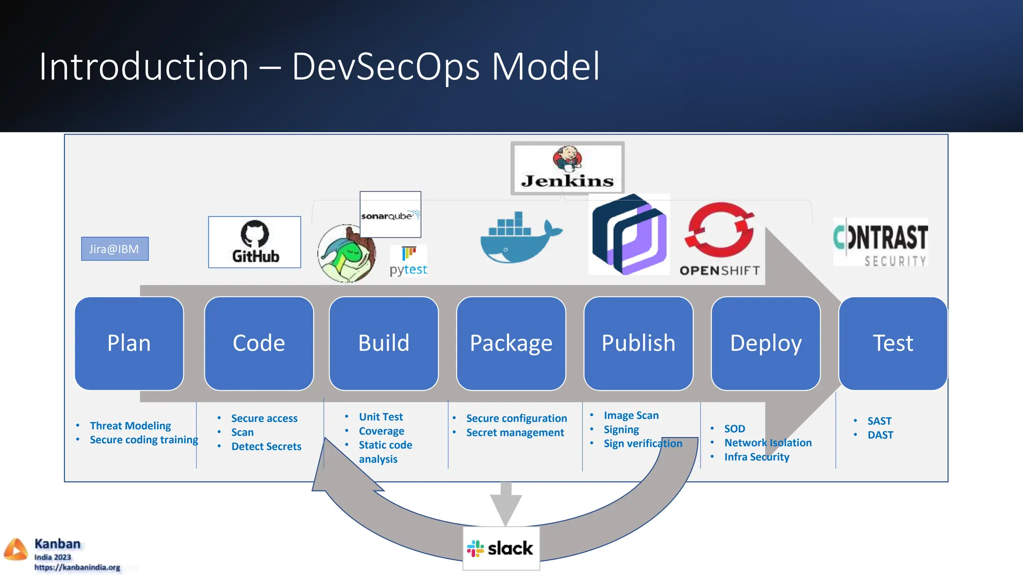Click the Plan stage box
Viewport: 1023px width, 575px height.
coord(129,343)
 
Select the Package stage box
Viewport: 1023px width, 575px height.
coord(511,343)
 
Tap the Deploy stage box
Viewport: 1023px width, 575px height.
coord(765,343)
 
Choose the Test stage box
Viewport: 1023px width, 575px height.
coord(893,343)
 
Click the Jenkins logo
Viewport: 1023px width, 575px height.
coord(567,169)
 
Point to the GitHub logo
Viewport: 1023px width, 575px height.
coord(255,242)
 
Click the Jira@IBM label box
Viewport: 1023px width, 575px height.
coord(114,249)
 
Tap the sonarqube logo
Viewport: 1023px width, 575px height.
coord(390,215)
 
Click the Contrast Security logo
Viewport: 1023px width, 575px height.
coord(880,243)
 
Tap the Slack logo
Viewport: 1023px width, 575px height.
coord(501,548)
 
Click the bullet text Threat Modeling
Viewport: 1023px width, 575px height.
coord(130,426)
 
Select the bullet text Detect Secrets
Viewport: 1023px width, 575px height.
coord(266,446)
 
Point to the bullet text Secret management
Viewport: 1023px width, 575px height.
coord(514,433)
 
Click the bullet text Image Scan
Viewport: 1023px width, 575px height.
coord(631,415)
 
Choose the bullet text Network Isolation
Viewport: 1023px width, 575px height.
coord(767,443)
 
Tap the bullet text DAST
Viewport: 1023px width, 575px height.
coord(880,435)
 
